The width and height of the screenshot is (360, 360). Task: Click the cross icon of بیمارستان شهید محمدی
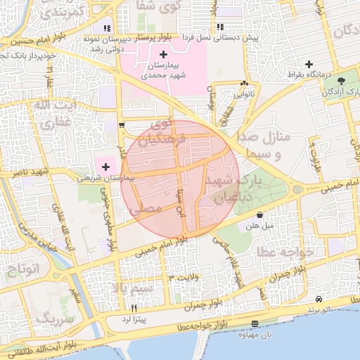[x=164, y=54]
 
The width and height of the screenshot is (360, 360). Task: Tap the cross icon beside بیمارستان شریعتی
[x=105, y=167]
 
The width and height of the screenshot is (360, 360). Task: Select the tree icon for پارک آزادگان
[x=342, y=82]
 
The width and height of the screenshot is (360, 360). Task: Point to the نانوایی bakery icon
[x=244, y=82]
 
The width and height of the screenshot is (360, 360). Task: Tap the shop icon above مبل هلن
[x=259, y=215]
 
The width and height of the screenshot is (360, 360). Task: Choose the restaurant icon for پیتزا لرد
[x=134, y=308]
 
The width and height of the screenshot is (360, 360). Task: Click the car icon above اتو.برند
[x=319, y=298]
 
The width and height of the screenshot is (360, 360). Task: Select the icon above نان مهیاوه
[x=254, y=323]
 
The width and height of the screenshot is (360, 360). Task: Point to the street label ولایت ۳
[x=186, y=279]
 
